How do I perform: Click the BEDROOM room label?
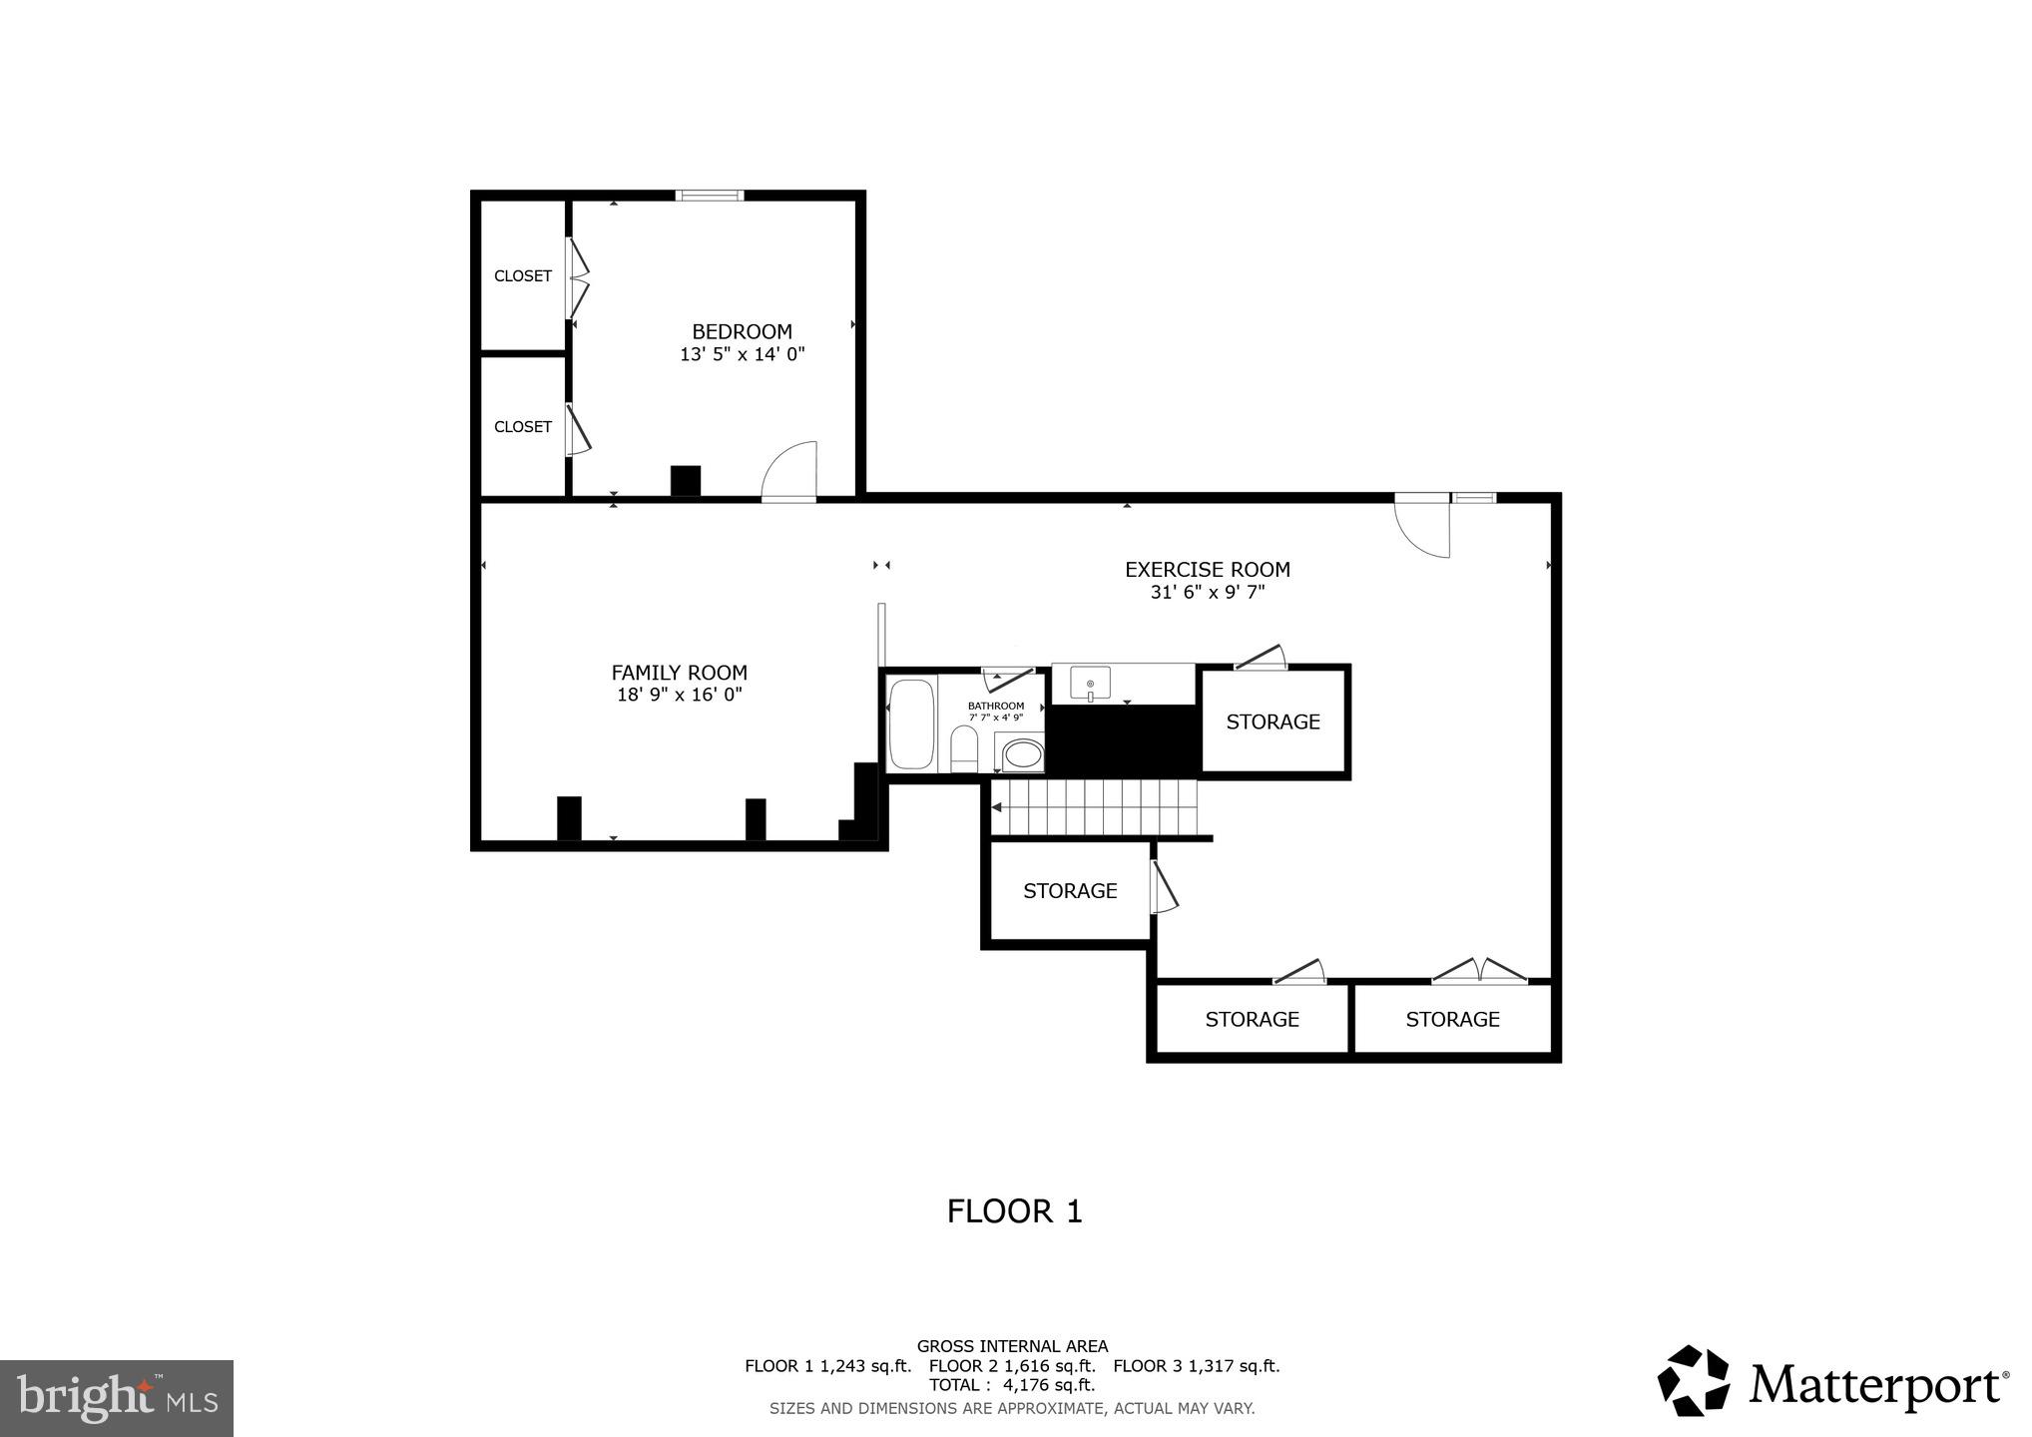(742, 331)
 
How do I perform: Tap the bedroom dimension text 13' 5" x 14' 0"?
(742, 354)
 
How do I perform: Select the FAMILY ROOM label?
(679, 673)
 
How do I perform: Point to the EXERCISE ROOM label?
(1207, 569)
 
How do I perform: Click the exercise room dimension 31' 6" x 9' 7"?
(1207, 592)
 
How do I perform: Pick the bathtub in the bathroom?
(910, 723)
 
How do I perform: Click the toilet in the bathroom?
(964, 748)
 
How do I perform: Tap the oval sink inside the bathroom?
(1021, 753)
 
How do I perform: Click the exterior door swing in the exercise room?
(1421, 529)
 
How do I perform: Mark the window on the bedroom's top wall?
(709, 195)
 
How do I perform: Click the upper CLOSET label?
(522, 275)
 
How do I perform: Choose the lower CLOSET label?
(522, 426)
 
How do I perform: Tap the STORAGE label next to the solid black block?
(1272, 721)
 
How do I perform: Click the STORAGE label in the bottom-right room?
(1452, 1019)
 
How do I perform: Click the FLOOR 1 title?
(1014, 1210)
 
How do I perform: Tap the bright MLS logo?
(116, 1397)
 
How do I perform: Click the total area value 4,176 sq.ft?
(1049, 1385)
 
